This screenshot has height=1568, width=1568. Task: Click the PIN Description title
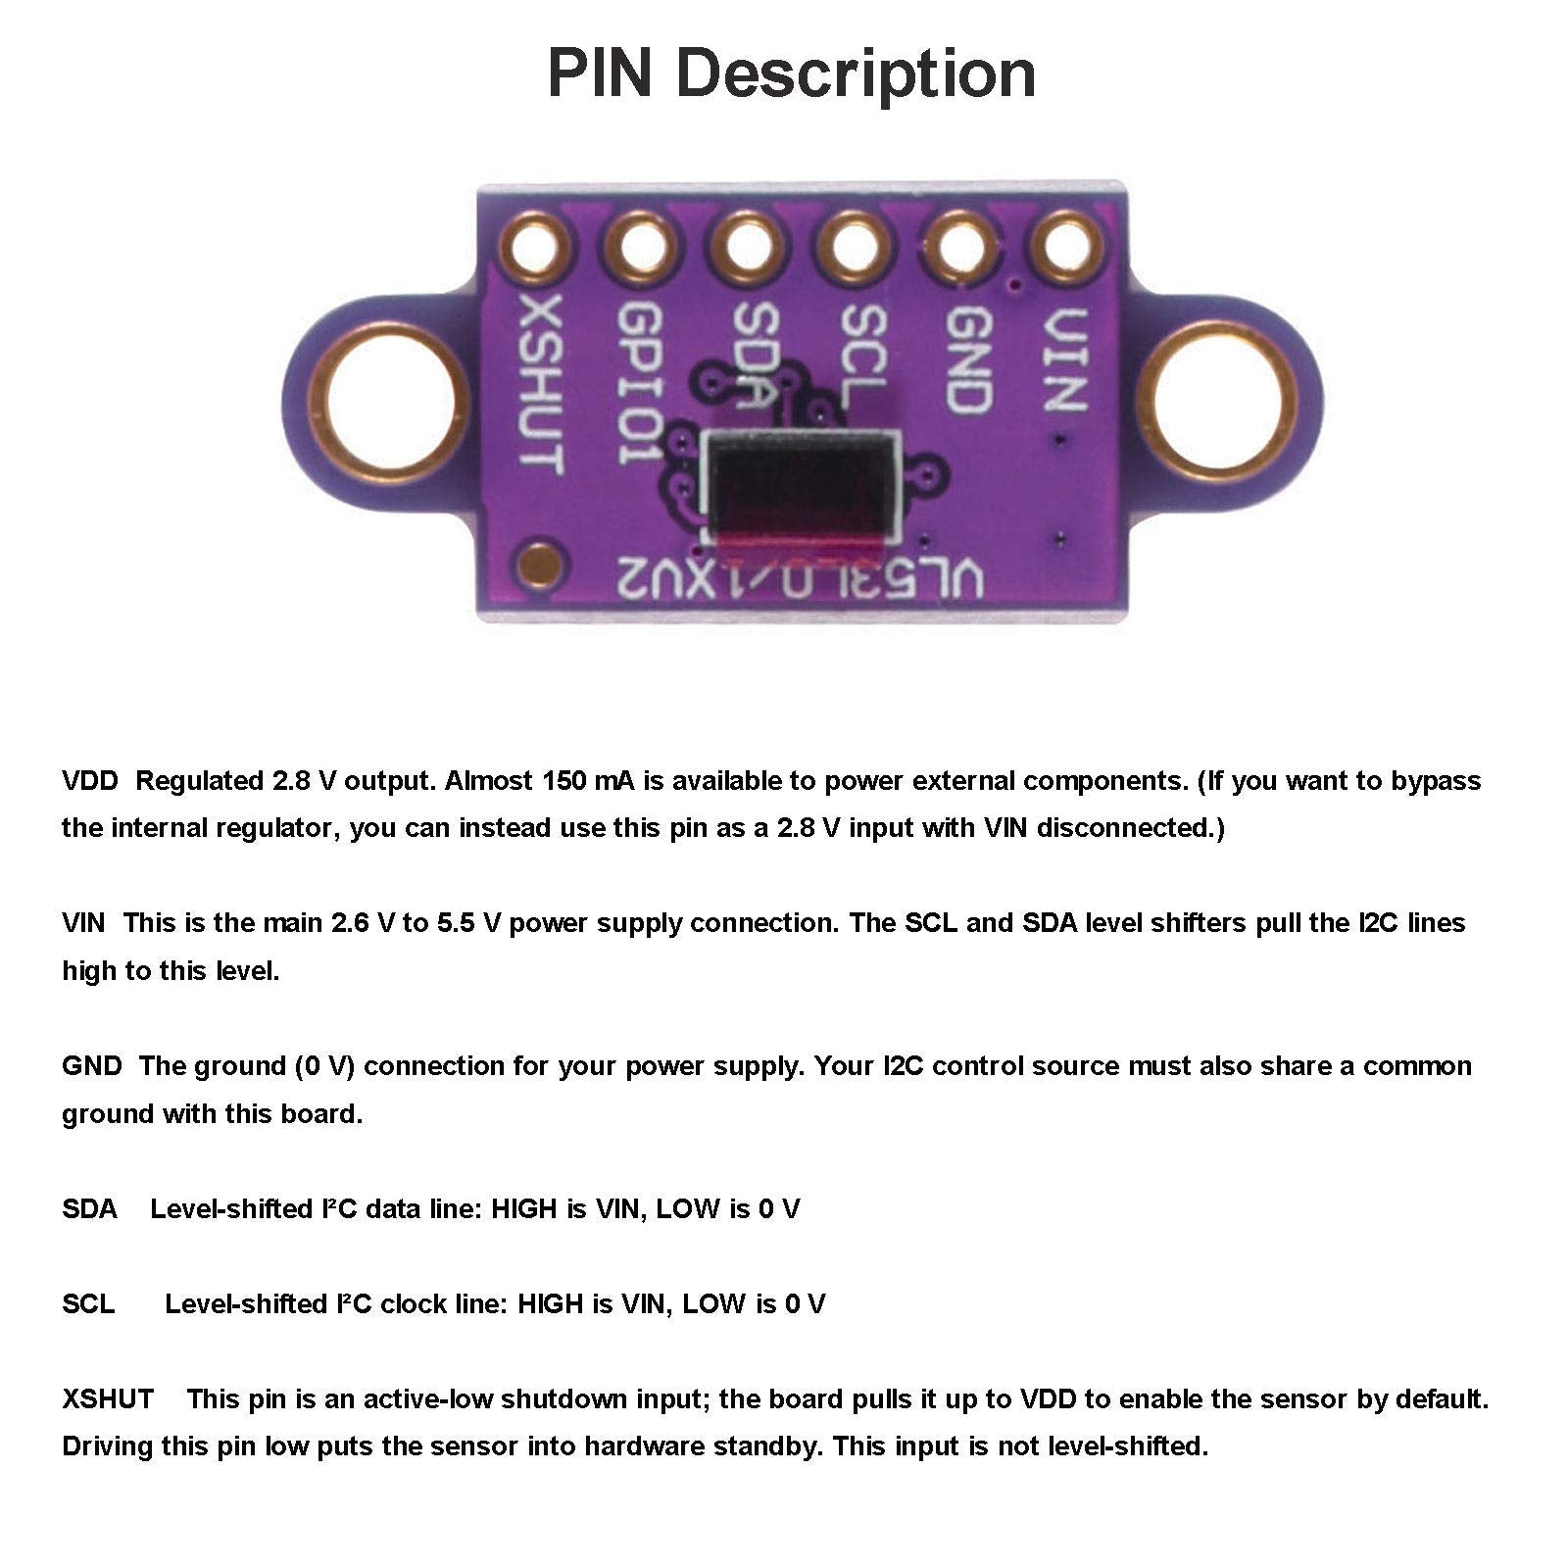pyautogui.click(x=791, y=73)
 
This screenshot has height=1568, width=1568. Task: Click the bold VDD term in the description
pyautogui.click(x=89, y=781)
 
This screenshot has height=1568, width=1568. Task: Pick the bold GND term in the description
pyautogui.click(x=91, y=1066)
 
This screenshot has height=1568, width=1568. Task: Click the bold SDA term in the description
pyautogui.click(x=89, y=1209)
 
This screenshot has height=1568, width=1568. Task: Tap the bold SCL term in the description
pyautogui.click(x=88, y=1304)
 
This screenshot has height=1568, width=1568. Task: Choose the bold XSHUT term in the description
pyautogui.click(x=108, y=1399)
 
